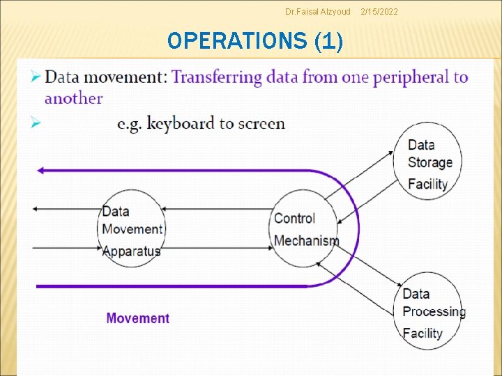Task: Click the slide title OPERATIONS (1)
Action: pyautogui.click(x=255, y=42)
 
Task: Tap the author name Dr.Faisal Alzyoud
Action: pyautogui.click(x=318, y=12)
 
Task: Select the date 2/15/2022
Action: pyautogui.click(x=380, y=12)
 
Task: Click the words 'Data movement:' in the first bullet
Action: pyautogui.click(x=105, y=77)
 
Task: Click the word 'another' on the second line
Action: pyautogui.click(x=73, y=98)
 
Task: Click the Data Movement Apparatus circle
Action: pyautogui.click(x=131, y=230)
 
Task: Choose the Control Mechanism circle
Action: pyautogui.click(x=305, y=230)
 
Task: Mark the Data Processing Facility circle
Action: pyautogui.click(x=432, y=312)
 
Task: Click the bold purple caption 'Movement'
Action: pyautogui.click(x=138, y=318)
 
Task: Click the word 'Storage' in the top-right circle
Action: pyautogui.click(x=429, y=163)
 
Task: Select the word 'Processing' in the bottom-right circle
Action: pyautogui.click(x=434, y=311)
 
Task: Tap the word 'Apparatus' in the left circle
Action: pyautogui.click(x=131, y=251)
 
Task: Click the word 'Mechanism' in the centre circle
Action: pyautogui.click(x=306, y=241)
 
